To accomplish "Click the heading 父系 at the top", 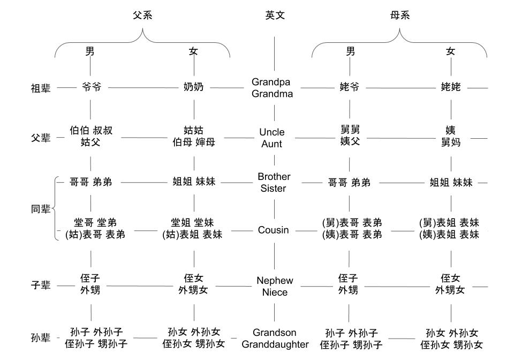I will [142, 15].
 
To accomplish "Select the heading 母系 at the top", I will [399, 15].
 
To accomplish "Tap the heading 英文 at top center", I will [275, 15].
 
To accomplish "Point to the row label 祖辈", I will [41, 88].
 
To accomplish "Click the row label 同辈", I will [41, 209].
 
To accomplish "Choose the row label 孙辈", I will [41, 338].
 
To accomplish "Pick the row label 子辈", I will [41, 286].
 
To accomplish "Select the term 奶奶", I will [193, 87].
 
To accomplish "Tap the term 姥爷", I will [350, 87].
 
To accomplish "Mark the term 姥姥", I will [450, 87].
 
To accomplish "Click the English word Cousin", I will [273, 230].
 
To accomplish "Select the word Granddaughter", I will [275, 344].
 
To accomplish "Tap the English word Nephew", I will [275, 280].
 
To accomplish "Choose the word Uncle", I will [272, 132].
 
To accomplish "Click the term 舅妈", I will [451, 142].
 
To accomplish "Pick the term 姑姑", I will [193, 131].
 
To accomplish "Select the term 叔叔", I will [103, 131].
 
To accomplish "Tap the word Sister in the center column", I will [273, 188].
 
